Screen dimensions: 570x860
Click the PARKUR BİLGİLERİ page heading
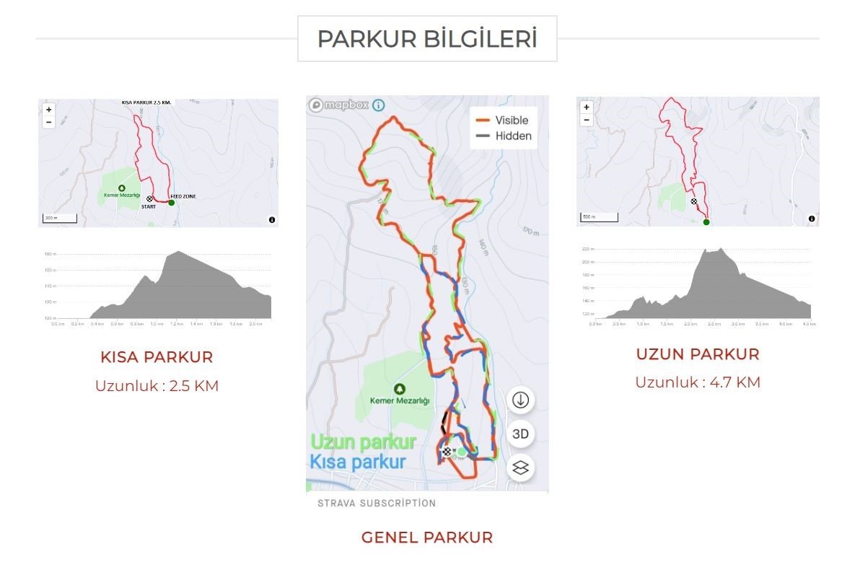[427, 39]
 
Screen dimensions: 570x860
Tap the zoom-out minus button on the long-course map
[587, 120]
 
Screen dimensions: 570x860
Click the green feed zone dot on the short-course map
[172, 203]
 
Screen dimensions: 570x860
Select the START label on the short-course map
[148, 207]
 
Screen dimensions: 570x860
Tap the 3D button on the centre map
[520, 434]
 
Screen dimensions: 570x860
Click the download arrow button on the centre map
[520, 400]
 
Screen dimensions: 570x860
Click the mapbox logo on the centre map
[340, 105]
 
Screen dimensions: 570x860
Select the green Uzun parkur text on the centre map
[363, 442]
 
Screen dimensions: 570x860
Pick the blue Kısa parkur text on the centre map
[358, 462]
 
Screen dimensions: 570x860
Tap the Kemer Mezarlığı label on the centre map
[400, 400]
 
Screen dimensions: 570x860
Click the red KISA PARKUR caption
[157, 357]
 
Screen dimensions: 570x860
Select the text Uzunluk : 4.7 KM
[698, 382]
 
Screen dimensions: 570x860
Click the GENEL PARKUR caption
[427, 538]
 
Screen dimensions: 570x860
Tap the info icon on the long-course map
[812, 219]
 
